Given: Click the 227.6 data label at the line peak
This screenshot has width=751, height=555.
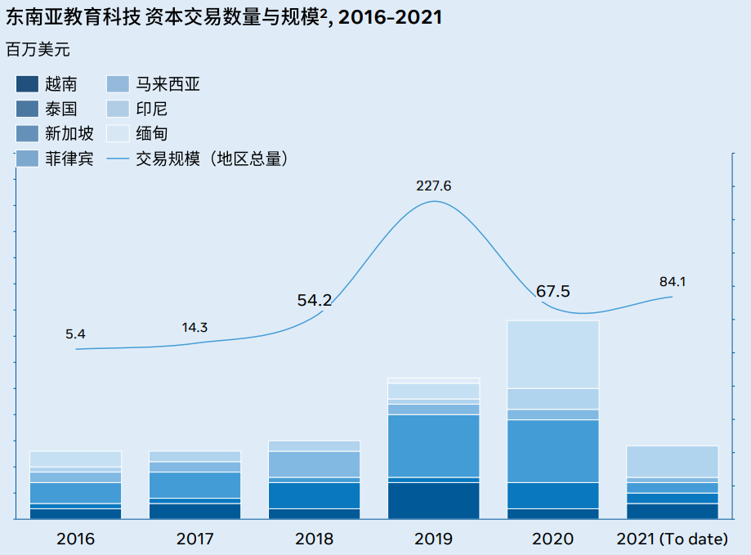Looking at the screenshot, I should (433, 186).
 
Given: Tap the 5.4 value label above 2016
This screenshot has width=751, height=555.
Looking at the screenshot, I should (75, 333).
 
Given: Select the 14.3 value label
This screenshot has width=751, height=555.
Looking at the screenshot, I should (194, 328).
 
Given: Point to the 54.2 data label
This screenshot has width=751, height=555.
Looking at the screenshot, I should (315, 301).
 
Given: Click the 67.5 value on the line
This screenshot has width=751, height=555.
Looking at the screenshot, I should (553, 292).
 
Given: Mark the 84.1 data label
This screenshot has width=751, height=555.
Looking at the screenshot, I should (673, 282).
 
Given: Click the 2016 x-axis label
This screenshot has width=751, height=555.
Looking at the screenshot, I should (75, 539).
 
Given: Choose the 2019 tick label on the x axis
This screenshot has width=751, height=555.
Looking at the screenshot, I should (433, 539).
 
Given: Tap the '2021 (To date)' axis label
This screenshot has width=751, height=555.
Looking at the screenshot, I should (672, 539).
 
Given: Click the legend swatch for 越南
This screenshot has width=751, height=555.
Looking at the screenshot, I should (28, 83).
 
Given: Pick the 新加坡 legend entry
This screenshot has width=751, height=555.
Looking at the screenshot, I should (69, 134).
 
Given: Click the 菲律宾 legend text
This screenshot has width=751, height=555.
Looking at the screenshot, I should (69, 159).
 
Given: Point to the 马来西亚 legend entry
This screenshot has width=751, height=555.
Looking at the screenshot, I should (169, 83).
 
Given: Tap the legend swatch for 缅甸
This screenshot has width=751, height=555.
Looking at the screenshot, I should (118, 134).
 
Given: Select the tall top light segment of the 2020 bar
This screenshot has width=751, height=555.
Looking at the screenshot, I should (553, 354).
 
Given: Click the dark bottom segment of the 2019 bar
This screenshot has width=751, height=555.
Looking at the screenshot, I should (433, 499).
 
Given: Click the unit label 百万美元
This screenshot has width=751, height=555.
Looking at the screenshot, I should (38, 50).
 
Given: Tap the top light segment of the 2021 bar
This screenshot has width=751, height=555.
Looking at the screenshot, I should (672, 461).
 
